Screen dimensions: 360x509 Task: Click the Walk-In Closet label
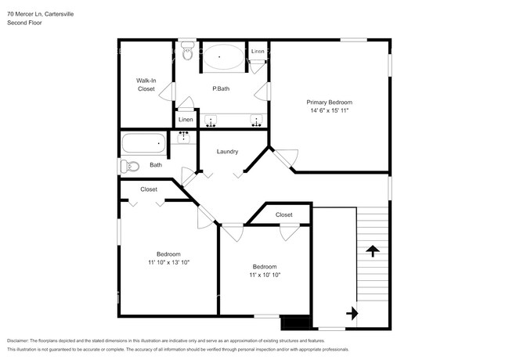146,85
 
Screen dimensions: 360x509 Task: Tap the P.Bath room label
221,88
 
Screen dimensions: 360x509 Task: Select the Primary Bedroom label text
329,103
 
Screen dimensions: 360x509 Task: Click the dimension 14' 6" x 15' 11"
329,111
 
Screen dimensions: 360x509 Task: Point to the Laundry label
227,152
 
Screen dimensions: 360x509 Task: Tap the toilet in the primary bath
186,52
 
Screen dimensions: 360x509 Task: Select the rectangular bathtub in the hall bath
143,143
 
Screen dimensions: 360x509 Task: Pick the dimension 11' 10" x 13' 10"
168,262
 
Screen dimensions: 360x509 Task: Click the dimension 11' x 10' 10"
265,275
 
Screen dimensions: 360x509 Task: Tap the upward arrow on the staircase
373,251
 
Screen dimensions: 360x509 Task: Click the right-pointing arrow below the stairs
352,313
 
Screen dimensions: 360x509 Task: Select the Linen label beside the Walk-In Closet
186,120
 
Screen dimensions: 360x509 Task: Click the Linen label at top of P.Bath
258,51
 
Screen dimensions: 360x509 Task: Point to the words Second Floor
24,23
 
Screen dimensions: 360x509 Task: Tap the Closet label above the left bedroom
149,189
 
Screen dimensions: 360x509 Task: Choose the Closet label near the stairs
283,214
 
